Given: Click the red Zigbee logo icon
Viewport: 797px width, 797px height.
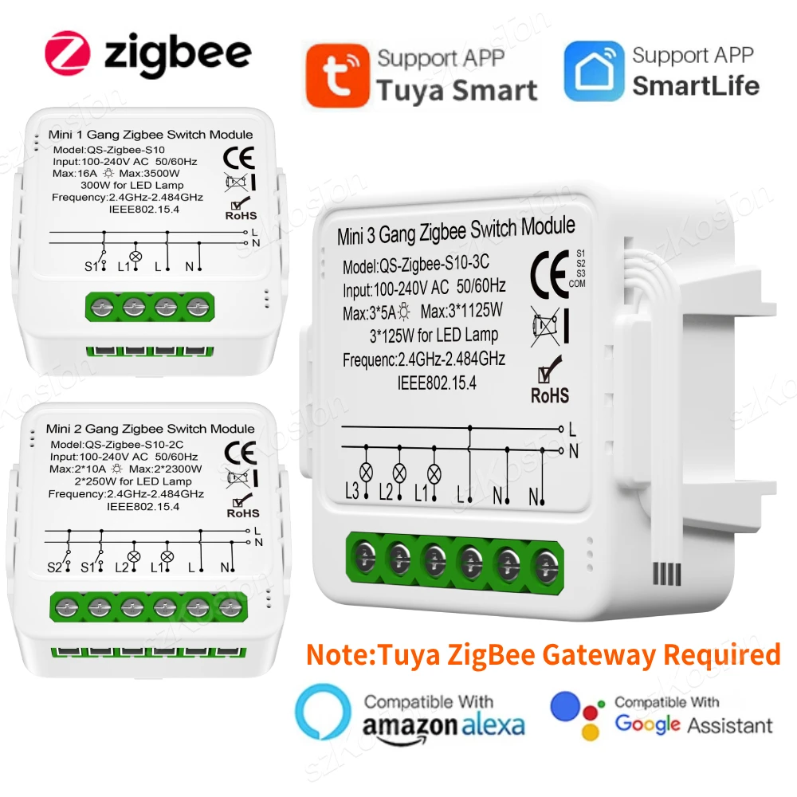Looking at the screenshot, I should [x=68, y=53].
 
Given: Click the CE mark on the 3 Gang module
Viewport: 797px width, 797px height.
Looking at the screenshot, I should [x=548, y=269].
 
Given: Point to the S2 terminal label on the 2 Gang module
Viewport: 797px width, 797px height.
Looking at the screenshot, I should [x=54, y=567].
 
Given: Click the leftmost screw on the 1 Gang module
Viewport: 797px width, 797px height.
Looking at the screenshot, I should [x=102, y=306].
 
